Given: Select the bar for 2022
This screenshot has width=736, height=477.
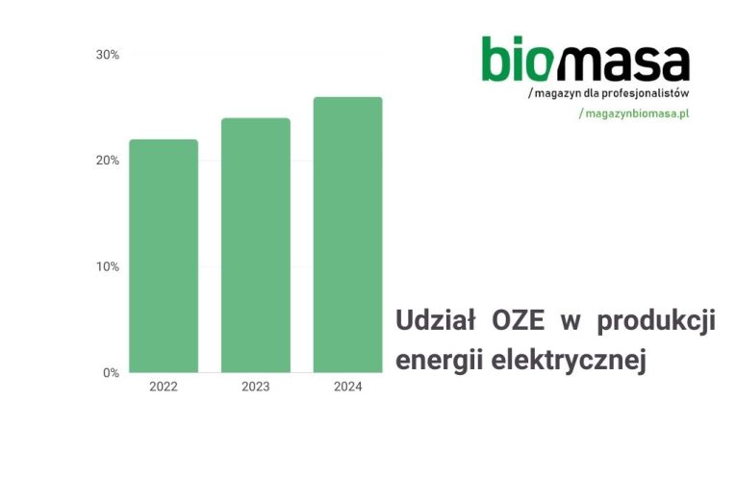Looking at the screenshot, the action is (x=164, y=256).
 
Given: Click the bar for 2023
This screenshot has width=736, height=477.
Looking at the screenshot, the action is (x=256, y=245).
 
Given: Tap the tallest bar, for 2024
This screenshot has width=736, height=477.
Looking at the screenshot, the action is (x=348, y=235).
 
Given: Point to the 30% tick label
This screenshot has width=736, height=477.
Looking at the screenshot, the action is (x=108, y=55).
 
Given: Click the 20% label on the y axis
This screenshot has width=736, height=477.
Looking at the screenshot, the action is (x=108, y=161).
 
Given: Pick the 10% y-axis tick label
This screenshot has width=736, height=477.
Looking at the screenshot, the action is (x=108, y=267).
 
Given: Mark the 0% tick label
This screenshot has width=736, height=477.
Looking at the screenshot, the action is (x=112, y=373).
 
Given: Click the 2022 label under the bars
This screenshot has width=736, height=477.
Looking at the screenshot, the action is (x=164, y=387).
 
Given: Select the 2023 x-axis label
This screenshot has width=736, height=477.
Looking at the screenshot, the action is (x=256, y=387).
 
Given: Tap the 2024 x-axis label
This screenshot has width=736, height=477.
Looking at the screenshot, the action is (x=348, y=387).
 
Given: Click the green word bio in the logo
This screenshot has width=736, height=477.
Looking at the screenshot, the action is (x=516, y=59).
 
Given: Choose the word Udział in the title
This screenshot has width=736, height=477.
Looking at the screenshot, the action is (x=436, y=321).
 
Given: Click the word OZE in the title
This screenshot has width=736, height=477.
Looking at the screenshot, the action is (x=519, y=321).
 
